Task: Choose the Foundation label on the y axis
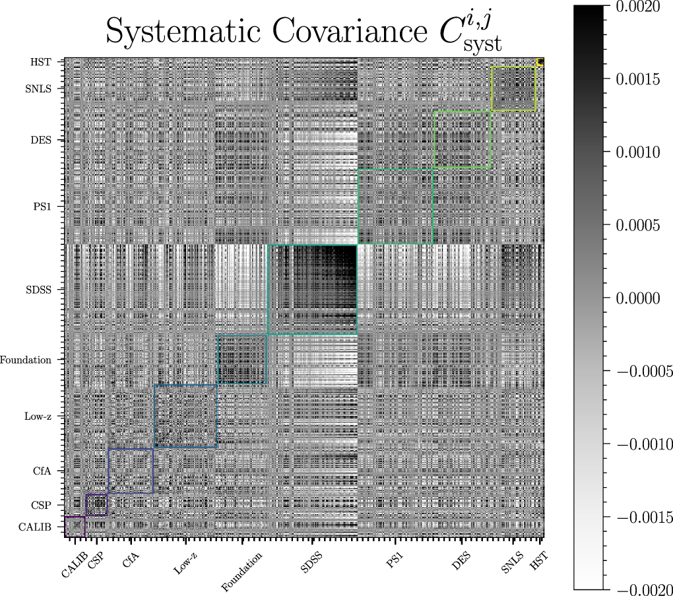[26, 360]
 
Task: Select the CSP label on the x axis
[95, 560]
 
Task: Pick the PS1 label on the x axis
[395, 560]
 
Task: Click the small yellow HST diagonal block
[540, 62]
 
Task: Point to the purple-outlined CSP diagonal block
[96, 505]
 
